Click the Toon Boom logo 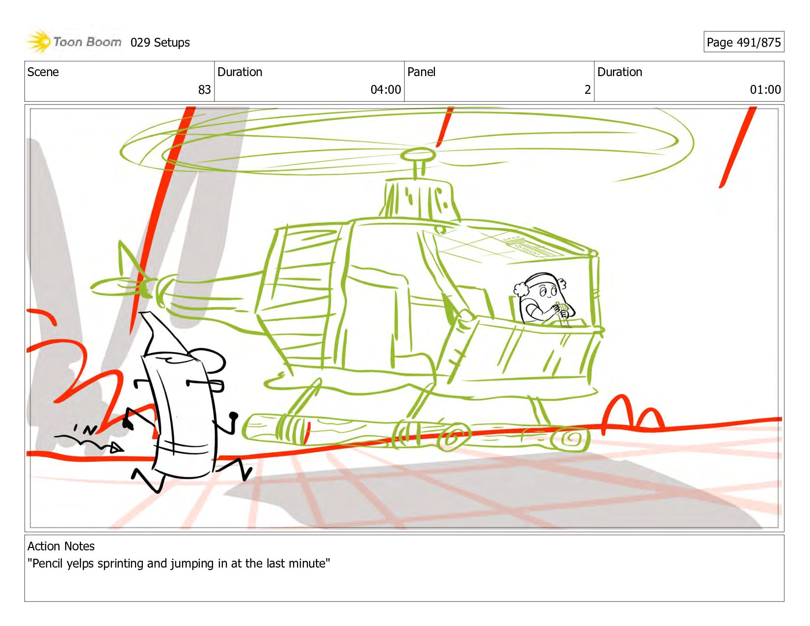(x=74, y=42)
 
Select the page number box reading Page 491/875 (x=744, y=42)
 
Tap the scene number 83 (x=204, y=89)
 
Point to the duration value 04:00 (x=385, y=89)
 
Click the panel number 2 (x=588, y=89)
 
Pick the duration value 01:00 (x=765, y=89)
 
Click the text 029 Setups (x=160, y=43)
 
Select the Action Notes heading (x=61, y=546)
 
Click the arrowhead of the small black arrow (x=117, y=447)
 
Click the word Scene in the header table (x=43, y=72)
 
